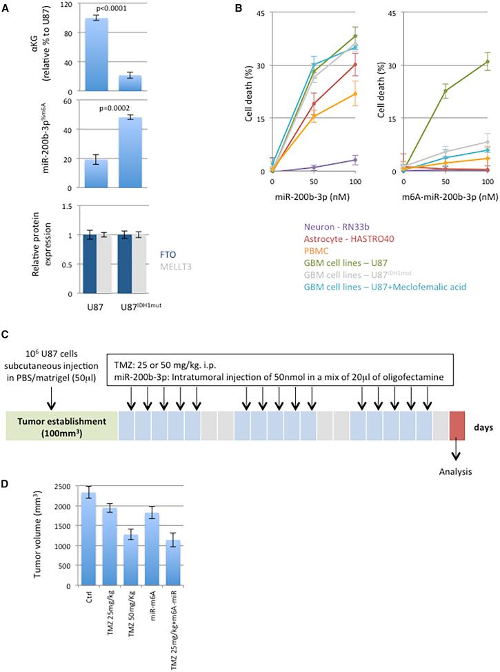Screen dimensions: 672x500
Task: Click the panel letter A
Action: point(6,8)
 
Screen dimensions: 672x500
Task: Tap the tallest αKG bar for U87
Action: point(97,55)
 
